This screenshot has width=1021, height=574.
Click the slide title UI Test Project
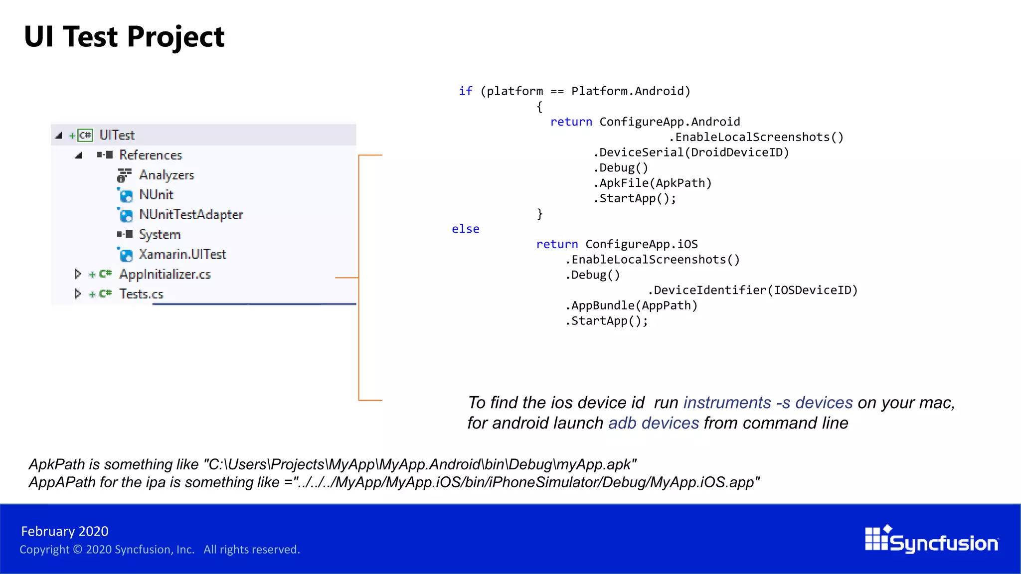(124, 37)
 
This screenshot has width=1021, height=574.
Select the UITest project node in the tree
(117, 135)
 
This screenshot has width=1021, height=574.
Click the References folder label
(151, 155)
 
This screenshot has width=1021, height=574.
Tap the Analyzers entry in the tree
(167, 175)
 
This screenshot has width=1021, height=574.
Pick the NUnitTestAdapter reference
(191, 215)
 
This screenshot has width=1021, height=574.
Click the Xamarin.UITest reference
(182, 255)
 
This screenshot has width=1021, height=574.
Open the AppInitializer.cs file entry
(165, 275)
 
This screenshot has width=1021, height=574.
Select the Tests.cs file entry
(141, 294)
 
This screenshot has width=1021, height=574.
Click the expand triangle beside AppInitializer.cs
(78, 274)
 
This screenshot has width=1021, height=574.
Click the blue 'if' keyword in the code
(466, 91)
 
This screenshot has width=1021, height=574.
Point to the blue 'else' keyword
(466, 229)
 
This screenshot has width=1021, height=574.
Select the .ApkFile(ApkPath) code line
(653, 183)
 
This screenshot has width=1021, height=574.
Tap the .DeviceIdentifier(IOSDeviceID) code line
(753, 290)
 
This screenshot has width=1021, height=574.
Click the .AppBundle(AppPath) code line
(631, 305)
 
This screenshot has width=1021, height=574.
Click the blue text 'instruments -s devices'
(768, 403)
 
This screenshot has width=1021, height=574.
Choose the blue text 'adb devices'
(654, 423)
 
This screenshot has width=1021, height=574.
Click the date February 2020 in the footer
(65, 531)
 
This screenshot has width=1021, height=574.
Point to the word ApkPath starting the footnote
(57, 464)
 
